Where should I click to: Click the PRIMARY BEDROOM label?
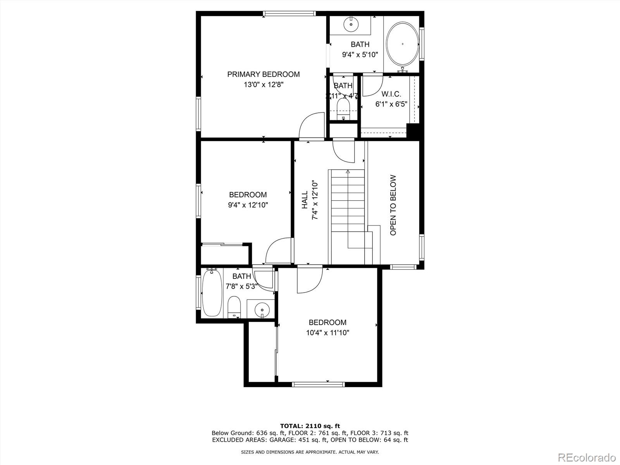[263, 74]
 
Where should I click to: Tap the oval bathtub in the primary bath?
[403, 44]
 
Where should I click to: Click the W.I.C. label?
[391, 94]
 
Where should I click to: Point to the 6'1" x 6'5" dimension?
[391, 104]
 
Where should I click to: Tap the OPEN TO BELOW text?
[393, 205]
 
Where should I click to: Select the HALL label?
[305, 200]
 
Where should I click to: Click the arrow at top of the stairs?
[348, 171]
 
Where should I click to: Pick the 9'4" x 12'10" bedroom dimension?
[248, 205]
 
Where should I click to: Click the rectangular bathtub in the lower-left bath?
[212, 293]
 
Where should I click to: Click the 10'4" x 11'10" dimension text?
[327, 332]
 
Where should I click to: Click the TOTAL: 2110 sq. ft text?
[310, 426]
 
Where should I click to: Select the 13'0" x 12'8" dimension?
[263, 84]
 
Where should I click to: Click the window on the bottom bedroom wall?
[318, 384]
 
